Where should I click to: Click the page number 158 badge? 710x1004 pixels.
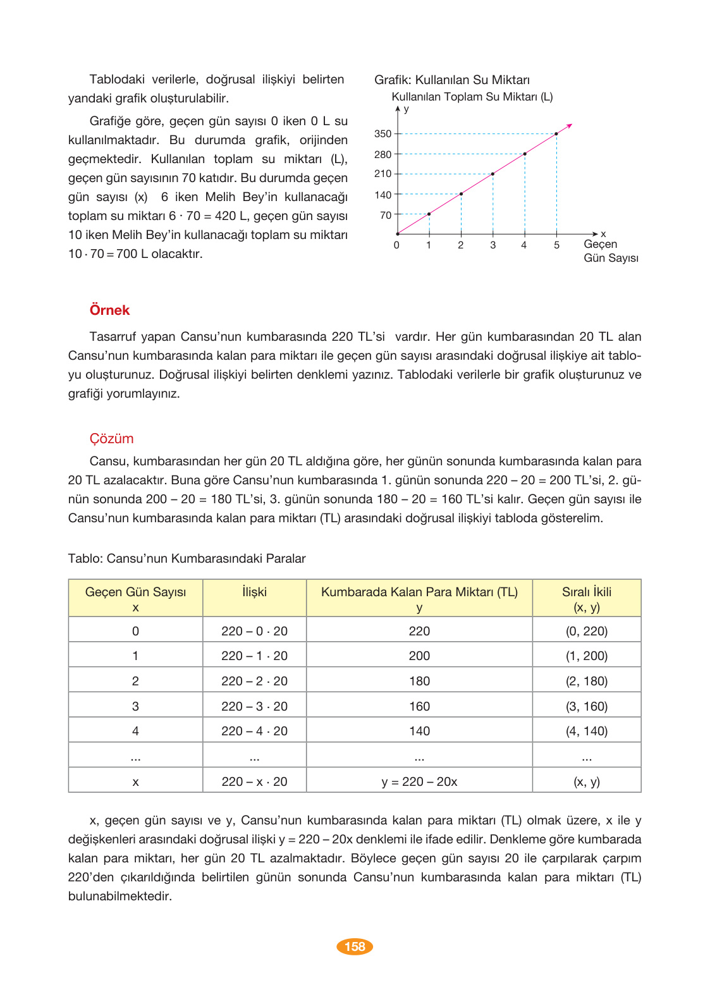[355, 946]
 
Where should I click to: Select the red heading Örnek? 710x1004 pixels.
[109, 310]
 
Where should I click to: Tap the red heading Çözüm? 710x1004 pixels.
[111, 439]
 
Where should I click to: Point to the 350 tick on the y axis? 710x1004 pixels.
[383, 134]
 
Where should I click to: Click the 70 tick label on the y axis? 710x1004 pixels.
[386, 216]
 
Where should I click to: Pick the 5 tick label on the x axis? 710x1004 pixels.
[556, 245]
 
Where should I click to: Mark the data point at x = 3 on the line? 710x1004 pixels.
[493, 174]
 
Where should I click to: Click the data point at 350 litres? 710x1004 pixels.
[556, 134]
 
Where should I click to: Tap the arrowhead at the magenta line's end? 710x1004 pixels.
[570, 126]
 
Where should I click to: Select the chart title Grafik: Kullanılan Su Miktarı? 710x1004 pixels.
[452, 80]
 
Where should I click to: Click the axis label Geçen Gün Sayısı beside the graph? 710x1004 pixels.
[610, 251]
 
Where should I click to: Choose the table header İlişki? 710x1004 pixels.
[254, 592]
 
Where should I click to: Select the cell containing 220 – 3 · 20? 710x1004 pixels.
[254, 706]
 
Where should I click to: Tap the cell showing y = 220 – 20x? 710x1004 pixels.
[419, 781]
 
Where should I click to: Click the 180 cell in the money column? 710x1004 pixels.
[419, 681]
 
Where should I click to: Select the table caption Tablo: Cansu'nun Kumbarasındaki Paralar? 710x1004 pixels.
[187, 559]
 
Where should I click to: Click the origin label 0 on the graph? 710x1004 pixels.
[396, 245]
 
